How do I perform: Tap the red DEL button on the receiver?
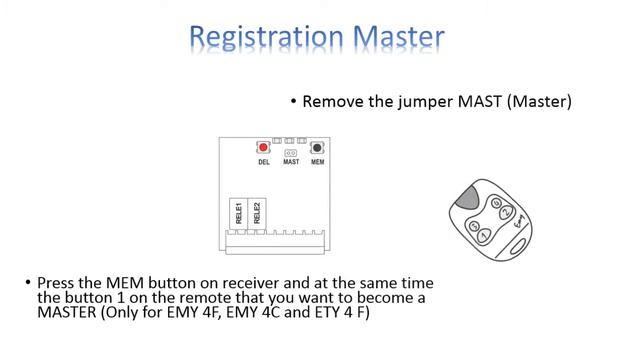(263, 147)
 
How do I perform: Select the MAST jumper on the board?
(291, 152)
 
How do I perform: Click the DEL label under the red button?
(263, 161)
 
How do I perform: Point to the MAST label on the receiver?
(291, 161)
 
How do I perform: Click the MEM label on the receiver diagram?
(318, 161)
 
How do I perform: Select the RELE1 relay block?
(239, 212)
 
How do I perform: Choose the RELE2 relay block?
(257, 212)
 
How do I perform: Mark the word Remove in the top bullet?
(333, 103)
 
